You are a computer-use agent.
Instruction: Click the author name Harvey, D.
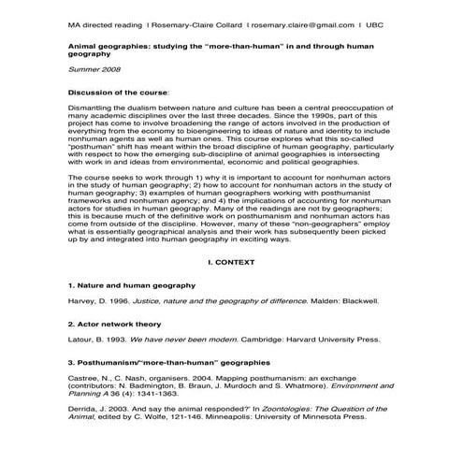coord(87,302)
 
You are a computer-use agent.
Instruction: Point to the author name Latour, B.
coord(86,341)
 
